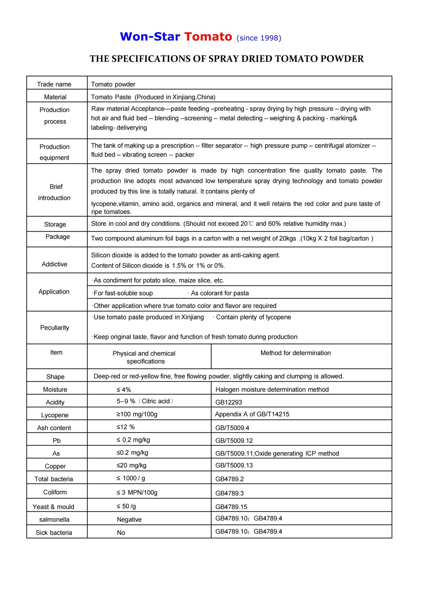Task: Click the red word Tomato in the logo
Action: [208, 37]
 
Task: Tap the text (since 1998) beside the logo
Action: [259, 38]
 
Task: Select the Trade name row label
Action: [54, 84]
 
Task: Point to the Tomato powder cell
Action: [113, 84]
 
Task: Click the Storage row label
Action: [55, 224]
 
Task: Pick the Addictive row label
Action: [55, 264]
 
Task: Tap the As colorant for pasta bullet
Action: [219, 293]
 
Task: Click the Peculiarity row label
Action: [55, 328]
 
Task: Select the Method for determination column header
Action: [296, 353]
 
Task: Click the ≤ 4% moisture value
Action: [124, 390]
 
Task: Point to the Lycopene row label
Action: [55, 415]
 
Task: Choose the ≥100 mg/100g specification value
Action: [137, 414]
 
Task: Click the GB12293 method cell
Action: [229, 402]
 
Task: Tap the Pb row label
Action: [57, 441]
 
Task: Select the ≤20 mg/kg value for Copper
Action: [131, 465]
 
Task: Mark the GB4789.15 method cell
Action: [231, 507]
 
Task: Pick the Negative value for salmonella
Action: [129, 520]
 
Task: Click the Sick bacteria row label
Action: [54, 533]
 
